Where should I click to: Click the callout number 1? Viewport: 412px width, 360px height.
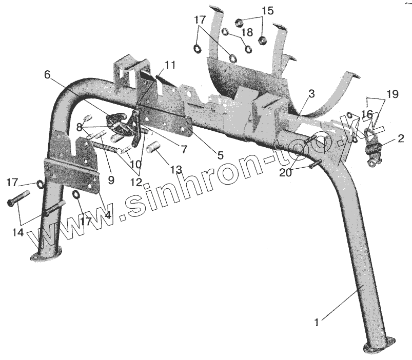pyautogui.click(x=317, y=323)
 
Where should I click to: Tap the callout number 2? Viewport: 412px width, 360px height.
pyautogui.click(x=400, y=138)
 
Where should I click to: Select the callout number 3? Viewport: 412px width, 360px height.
pyautogui.click(x=312, y=94)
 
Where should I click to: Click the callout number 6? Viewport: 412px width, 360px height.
pyautogui.click(x=48, y=75)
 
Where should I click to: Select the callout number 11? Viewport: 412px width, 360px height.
pyautogui.click(x=170, y=65)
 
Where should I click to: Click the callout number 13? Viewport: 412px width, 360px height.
pyautogui.click(x=176, y=169)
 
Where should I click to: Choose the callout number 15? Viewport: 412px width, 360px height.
pyautogui.click(x=268, y=11)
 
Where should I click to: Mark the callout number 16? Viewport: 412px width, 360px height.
pyautogui.click(x=367, y=113)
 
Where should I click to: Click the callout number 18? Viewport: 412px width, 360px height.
pyautogui.click(x=247, y=32)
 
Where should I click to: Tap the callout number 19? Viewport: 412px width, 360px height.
pyautogui.click(x=392, y=94)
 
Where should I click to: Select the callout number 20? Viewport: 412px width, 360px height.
pyautogui.click(x=285, y=173)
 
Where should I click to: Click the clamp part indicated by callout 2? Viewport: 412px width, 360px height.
pyautogui.click(x=372, y=152)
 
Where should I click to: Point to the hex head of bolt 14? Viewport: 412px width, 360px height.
pyautogui.click(x=11, y=203)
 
